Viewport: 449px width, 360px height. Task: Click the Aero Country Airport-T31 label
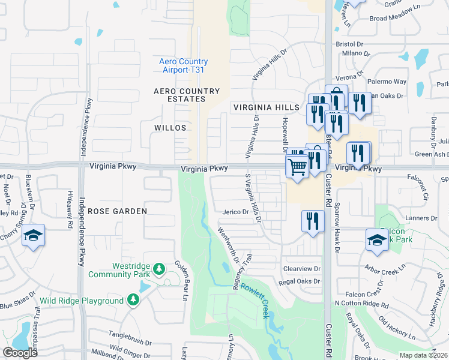pos(184,65)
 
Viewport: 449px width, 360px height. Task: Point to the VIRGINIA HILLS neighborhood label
pos(266,107)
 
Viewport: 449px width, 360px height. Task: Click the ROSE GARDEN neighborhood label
pos(118,211)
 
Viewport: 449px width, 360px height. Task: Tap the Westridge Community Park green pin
pos(159,269)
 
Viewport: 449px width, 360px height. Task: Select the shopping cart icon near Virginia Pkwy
pos(297,166)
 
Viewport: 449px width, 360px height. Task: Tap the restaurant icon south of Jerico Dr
pos(312,220)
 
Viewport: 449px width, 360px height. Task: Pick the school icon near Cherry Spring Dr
pos(33,236)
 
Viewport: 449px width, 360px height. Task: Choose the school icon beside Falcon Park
pos(377,239)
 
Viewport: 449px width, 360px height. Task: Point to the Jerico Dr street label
pos(235,212)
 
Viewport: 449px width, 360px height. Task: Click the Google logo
pos(20,353)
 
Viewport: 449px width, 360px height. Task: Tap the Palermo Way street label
pos(387,81)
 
